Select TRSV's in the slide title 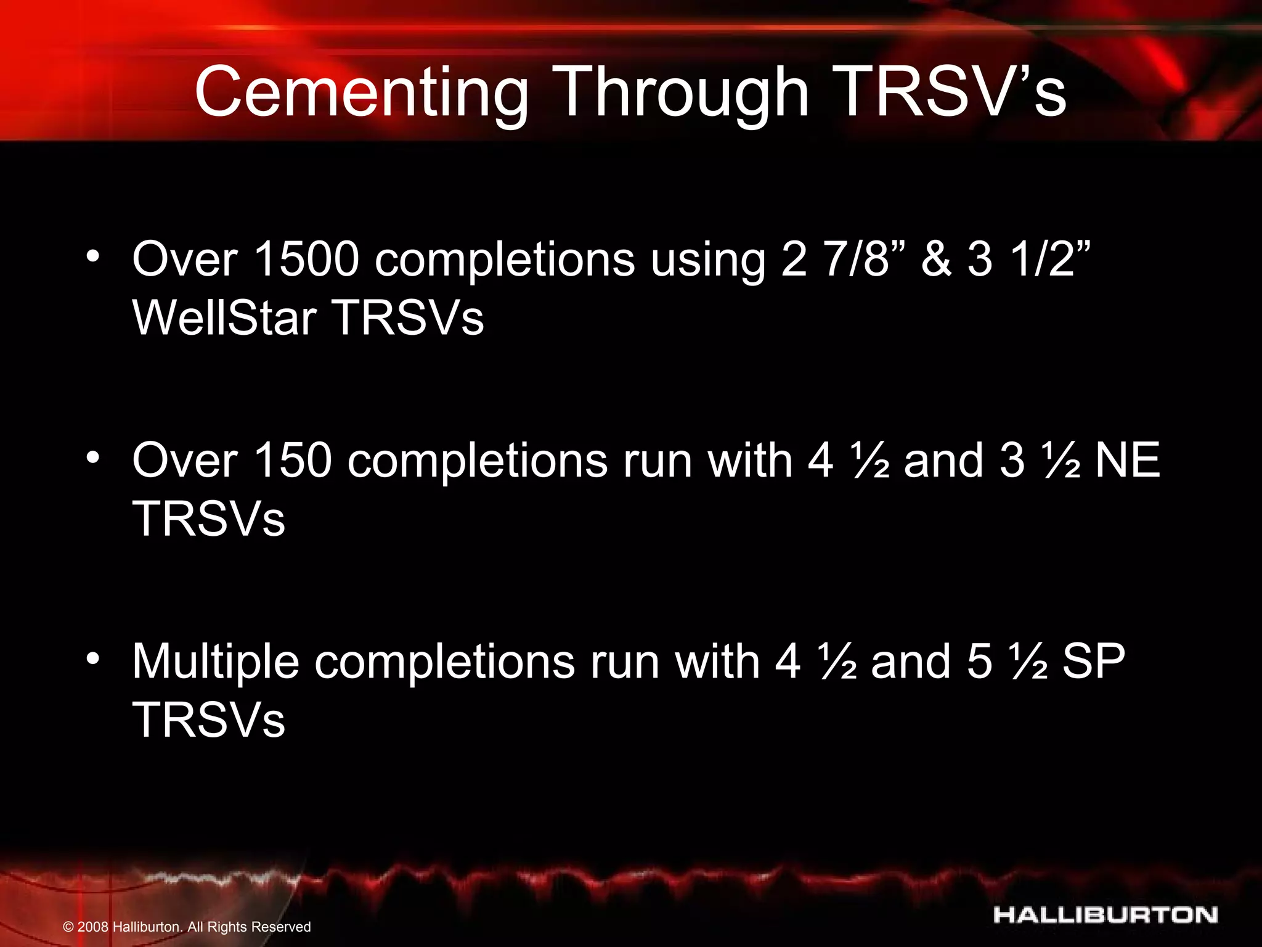point(953,92)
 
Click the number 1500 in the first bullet point(306,259)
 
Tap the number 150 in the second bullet point(293,460)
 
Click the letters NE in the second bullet point(1127,460)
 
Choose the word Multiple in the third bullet point(216,662)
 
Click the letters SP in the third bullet point(1094,662)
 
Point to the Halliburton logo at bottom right point(1105,915)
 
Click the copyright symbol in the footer point(68,927)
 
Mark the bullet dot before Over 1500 point(93,256)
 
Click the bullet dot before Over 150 point(93,457)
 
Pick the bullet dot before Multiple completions point(93,659)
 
